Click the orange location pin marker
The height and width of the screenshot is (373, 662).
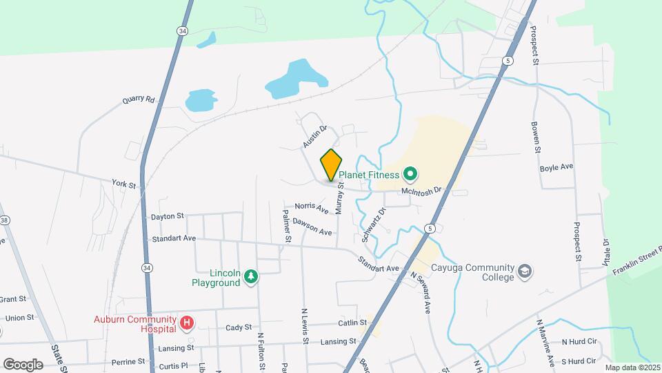(331, 166)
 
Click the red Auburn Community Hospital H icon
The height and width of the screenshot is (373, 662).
(186, 323)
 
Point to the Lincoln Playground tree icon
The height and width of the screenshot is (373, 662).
(252, 277)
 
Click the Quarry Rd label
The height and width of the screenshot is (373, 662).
(139, 99)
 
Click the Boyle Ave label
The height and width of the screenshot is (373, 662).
(557, 167)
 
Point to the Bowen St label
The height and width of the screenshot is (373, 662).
(534, 136)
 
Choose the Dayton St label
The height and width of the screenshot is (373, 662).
(168, 216)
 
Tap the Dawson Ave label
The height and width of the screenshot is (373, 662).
(312, 226)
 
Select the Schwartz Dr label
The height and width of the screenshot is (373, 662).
(373, 223)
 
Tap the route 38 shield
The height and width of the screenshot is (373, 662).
(6, 220)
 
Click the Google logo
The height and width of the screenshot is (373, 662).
(23, 364)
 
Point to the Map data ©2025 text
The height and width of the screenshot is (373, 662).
(632, 367)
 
